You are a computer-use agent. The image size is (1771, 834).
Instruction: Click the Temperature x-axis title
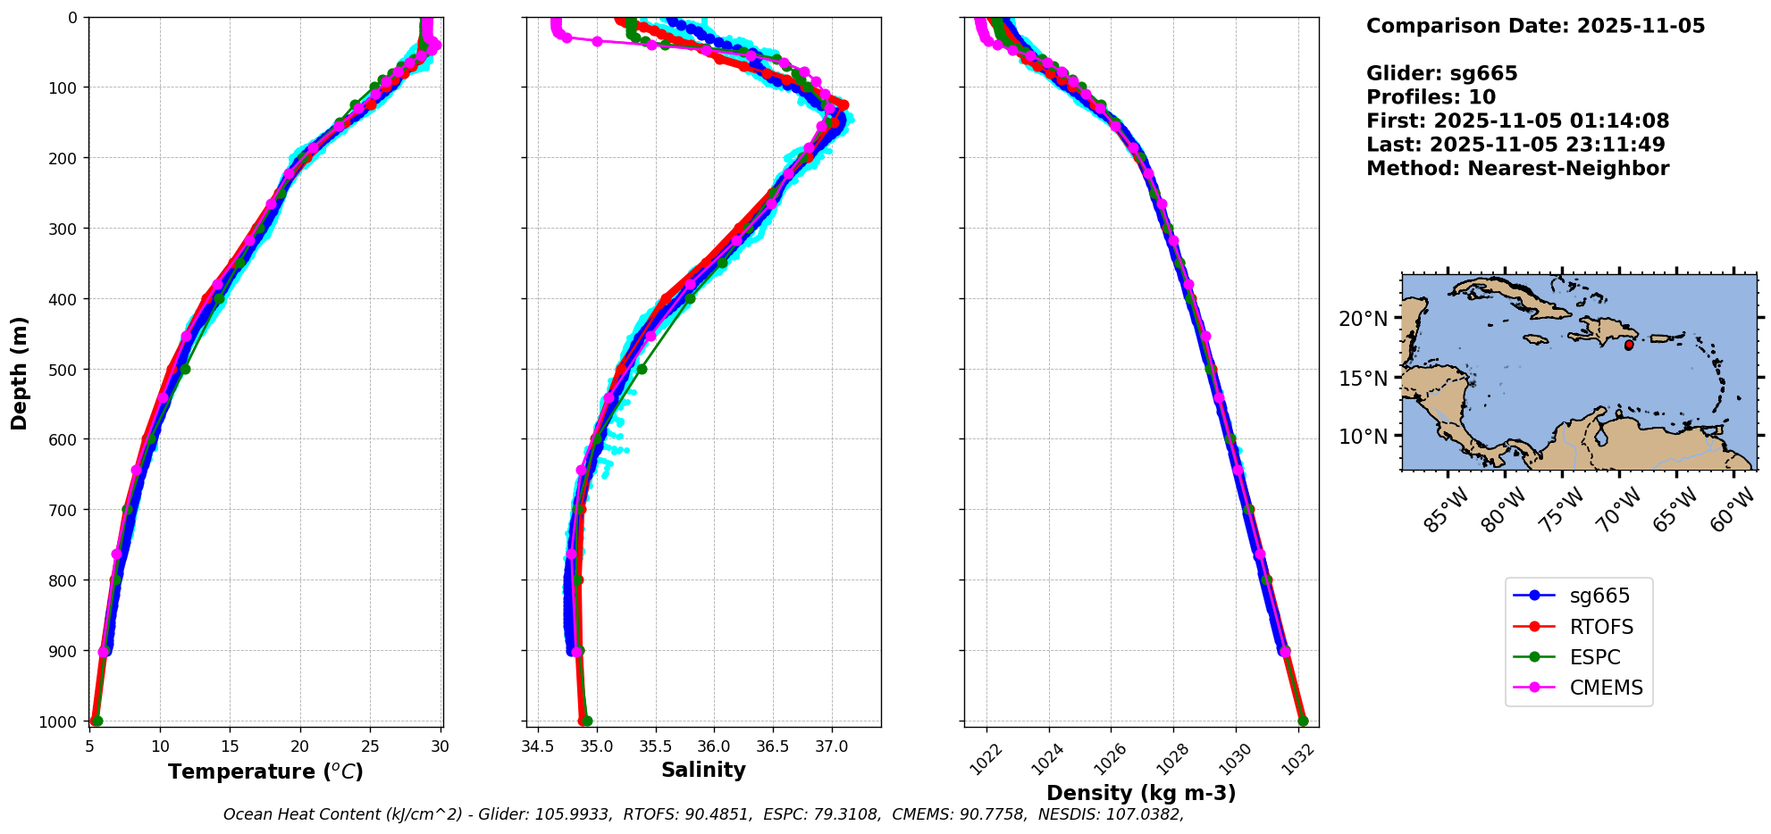(265, 771)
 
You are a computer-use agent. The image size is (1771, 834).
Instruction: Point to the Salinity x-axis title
(703, 770)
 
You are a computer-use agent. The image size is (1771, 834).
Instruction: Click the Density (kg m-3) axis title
(1141, 793)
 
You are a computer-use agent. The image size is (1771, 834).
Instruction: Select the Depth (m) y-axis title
(20, 372)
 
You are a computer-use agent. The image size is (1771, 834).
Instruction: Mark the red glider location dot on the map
(1629, 345)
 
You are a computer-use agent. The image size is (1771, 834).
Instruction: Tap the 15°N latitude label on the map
(1364, 378)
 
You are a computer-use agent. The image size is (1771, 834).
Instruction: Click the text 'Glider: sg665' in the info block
(1441, 73)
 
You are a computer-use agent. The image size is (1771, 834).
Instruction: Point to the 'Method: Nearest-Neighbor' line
(1517, 168)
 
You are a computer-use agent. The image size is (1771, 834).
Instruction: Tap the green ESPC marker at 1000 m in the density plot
(1303, 721)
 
